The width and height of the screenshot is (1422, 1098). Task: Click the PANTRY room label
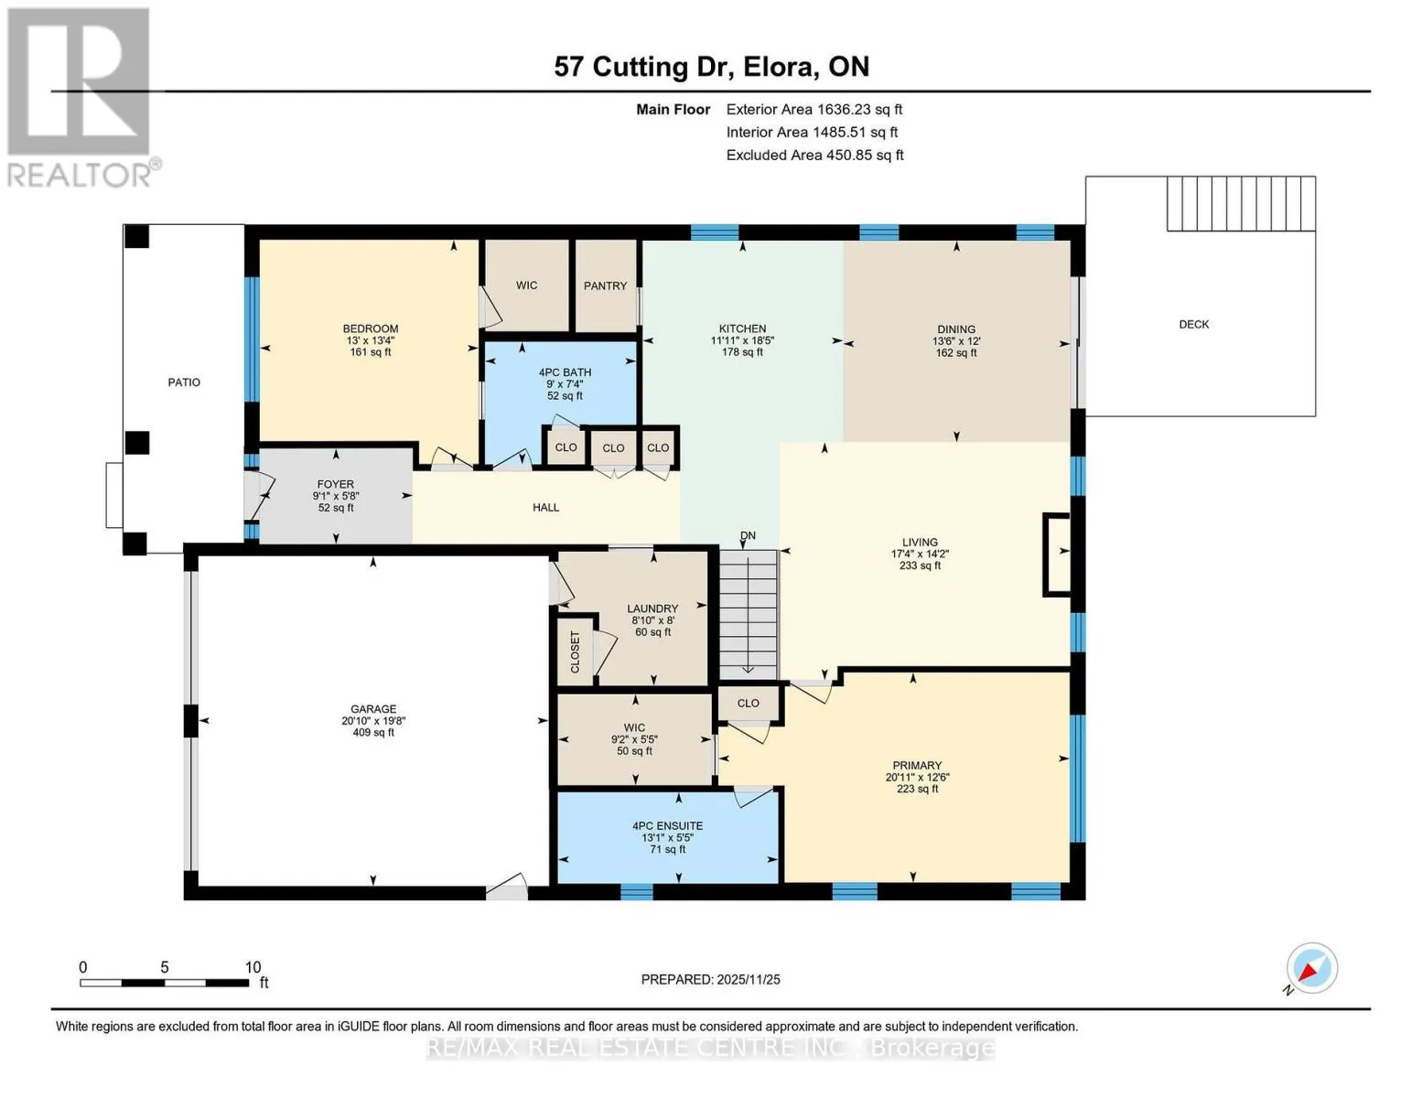click(x=605, y=286)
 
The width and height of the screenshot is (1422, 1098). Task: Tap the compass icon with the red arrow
click(x=1311, y=968)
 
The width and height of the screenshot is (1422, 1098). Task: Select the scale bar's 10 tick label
click(x=253, y=967)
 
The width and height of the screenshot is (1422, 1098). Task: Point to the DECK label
click(x=1193, y=325)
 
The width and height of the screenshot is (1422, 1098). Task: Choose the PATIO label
click(x=184, y=382)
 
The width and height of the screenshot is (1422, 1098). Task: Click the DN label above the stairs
click(x=748, y=535)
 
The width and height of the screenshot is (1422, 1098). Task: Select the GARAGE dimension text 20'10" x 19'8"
click(x=373, y=720)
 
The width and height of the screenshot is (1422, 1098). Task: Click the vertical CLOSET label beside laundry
click(x=576, y=651)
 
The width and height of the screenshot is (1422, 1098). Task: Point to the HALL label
click(x=545, y=507)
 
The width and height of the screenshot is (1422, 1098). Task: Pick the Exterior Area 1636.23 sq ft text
click(x=814, y=109)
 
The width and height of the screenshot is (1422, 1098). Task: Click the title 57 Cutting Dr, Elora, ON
click(x=711, y=67)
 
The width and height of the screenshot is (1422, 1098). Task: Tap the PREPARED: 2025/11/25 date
click(x=711, y=980)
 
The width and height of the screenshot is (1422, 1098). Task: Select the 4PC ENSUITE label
click(x=667, y=826)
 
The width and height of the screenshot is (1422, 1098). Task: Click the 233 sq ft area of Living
click(x=920, y=565)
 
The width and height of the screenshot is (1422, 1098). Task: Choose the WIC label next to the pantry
click(x=526, y=285)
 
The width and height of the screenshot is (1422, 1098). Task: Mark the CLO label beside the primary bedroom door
click(x=748, y=703)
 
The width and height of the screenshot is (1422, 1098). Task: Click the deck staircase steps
click(x=1242, y=203)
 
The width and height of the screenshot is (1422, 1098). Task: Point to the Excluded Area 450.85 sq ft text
click(x=814, y=155)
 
